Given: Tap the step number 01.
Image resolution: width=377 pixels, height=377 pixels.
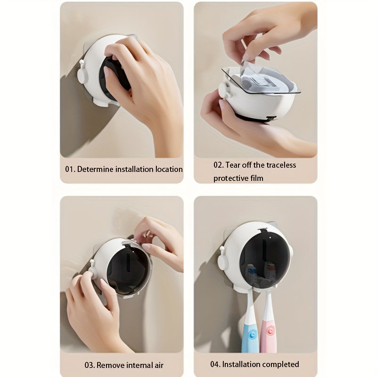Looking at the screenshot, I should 70,169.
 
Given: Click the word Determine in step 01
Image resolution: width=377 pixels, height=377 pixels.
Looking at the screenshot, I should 97,169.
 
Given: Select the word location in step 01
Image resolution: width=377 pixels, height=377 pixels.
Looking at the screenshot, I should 167,169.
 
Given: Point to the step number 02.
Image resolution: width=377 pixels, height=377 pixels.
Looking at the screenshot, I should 218,165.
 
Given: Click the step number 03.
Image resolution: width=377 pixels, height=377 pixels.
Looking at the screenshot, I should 90,365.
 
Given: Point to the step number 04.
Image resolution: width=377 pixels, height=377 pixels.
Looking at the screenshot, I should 215,364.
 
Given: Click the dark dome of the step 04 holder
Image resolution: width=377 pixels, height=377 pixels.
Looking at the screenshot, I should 262,254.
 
